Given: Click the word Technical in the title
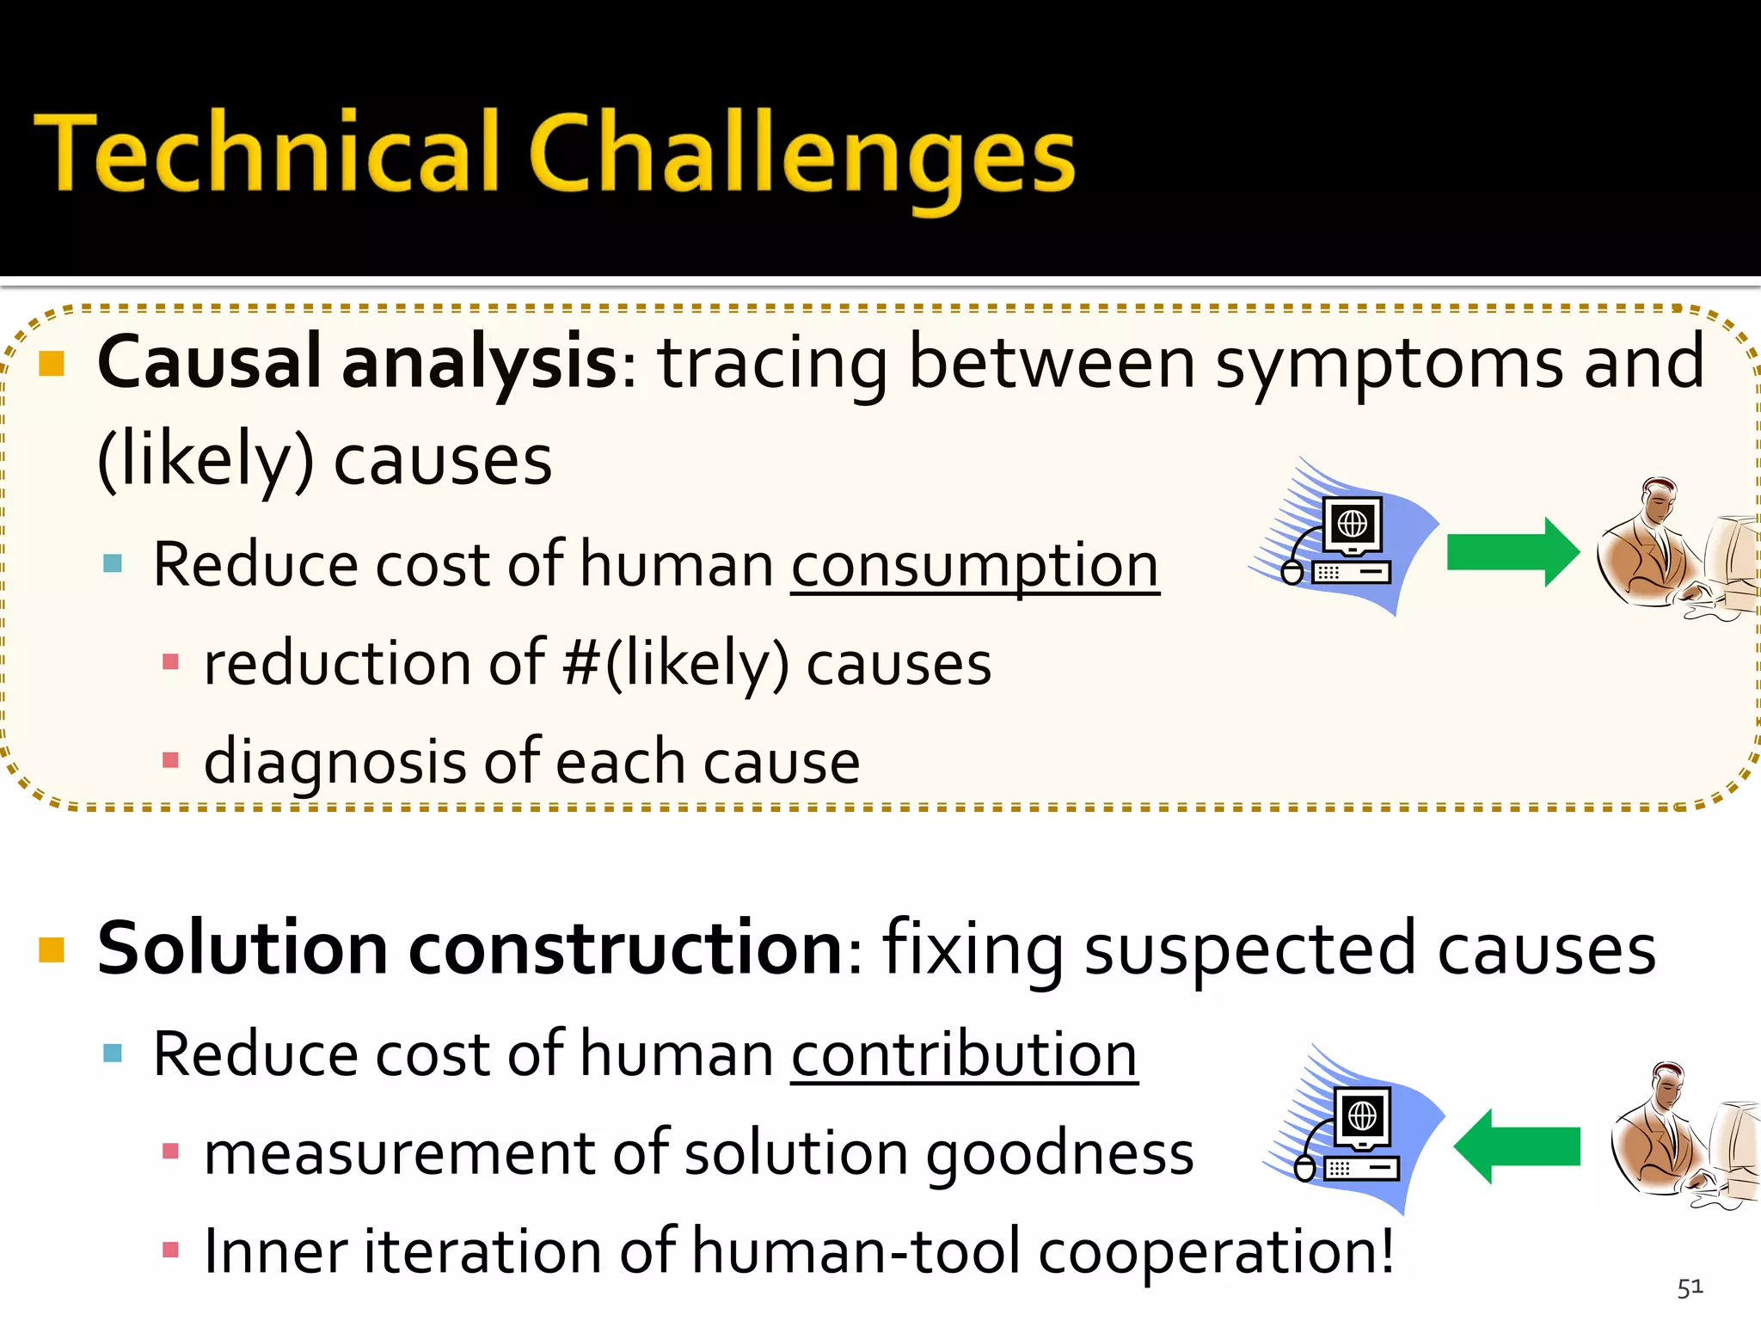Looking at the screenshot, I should pyautogui.click(x=267, y=153).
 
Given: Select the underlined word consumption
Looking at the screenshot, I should pyautogui.click(x=974, y=566).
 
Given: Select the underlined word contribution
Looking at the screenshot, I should pyautogui.click(x=964, y=1054).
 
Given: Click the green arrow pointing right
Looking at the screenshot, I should pyautogui.click(x=1512, y=552).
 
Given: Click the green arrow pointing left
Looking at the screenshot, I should pyautogui.click(x=1517, y=1146).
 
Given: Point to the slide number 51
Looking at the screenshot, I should pyautogui.click(x=1689, y=1287).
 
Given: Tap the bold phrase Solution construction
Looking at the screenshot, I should pyautogui.click(x=470, y=949).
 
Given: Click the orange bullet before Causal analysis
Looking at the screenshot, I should pyautogui.click(x=52, y=365).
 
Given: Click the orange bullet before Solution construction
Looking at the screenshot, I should pyautogui.click(x=52, y=949).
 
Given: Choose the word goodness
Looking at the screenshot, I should pyautogui.click(x=1059, y=1154).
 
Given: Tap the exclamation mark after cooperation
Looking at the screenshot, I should pyautogui.click(x=1384, y=1251).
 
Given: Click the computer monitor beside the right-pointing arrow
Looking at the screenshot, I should pyautogui.click(x=1353, y=525).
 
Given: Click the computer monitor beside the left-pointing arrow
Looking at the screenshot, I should pyautogui.click(x=1362, y=1117).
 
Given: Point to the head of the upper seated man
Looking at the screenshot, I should pyautogui.click(x=1658, y=499).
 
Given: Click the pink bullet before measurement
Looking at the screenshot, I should pyautogui.click(x=170, y=1151).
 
